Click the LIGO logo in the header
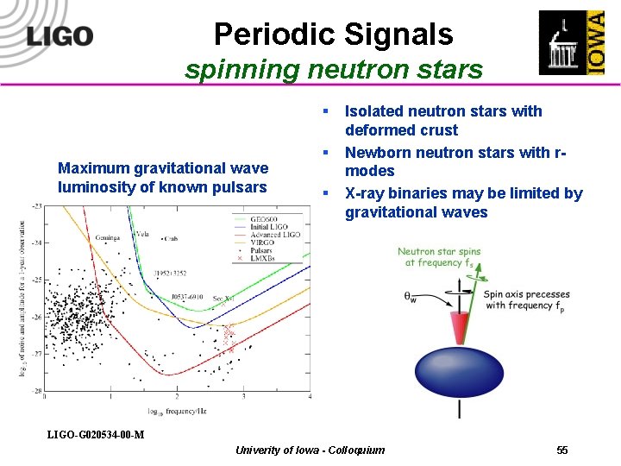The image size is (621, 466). pos(60,35)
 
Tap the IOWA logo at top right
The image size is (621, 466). pos(572,42)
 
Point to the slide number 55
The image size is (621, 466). pos(562,450)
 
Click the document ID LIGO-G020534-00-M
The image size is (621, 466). pos(95,434)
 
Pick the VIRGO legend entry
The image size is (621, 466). pos(268,242)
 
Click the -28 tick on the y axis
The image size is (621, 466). pos(37,391)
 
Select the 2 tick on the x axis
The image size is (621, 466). pos(177,397)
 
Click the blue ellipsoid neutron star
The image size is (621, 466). pos(458,370)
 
